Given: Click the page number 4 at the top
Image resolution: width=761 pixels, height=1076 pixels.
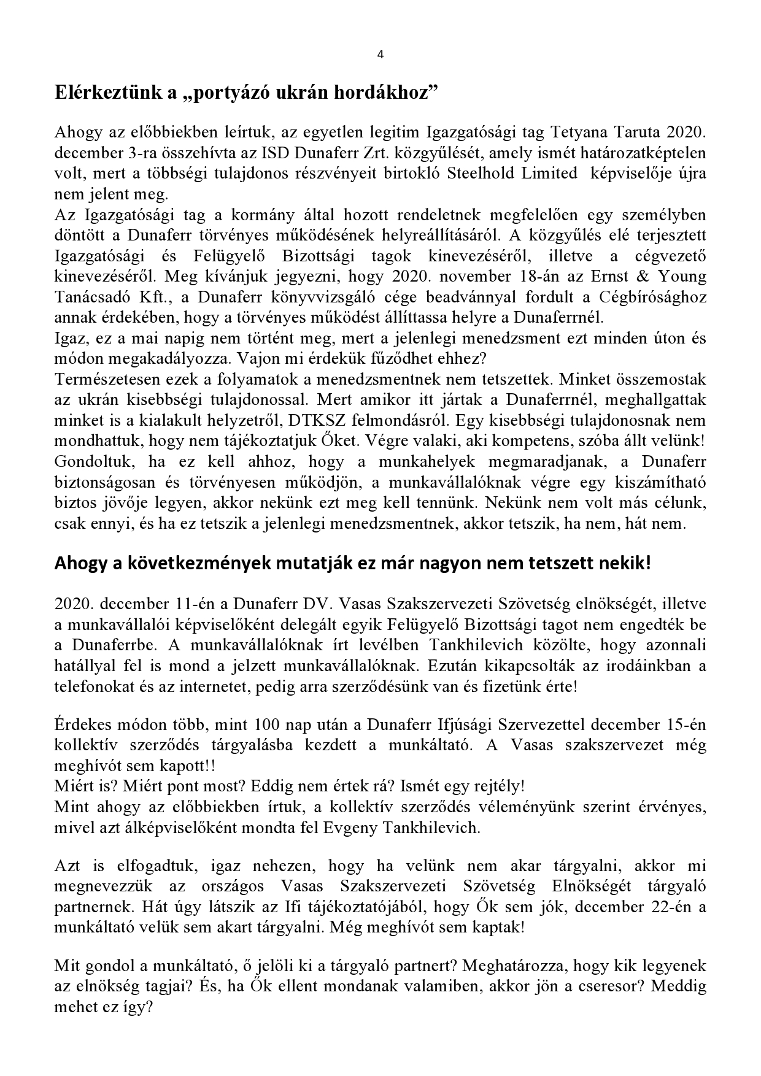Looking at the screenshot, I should [x=380, y=54].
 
